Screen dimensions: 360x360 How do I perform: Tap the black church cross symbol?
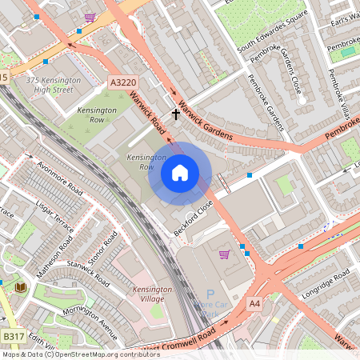point(176,115)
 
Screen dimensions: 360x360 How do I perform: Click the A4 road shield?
point(254,304)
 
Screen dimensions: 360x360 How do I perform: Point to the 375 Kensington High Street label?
point(54,85)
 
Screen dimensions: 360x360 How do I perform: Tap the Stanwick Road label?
point(87,270)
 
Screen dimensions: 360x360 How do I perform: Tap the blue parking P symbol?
point(210,294)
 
